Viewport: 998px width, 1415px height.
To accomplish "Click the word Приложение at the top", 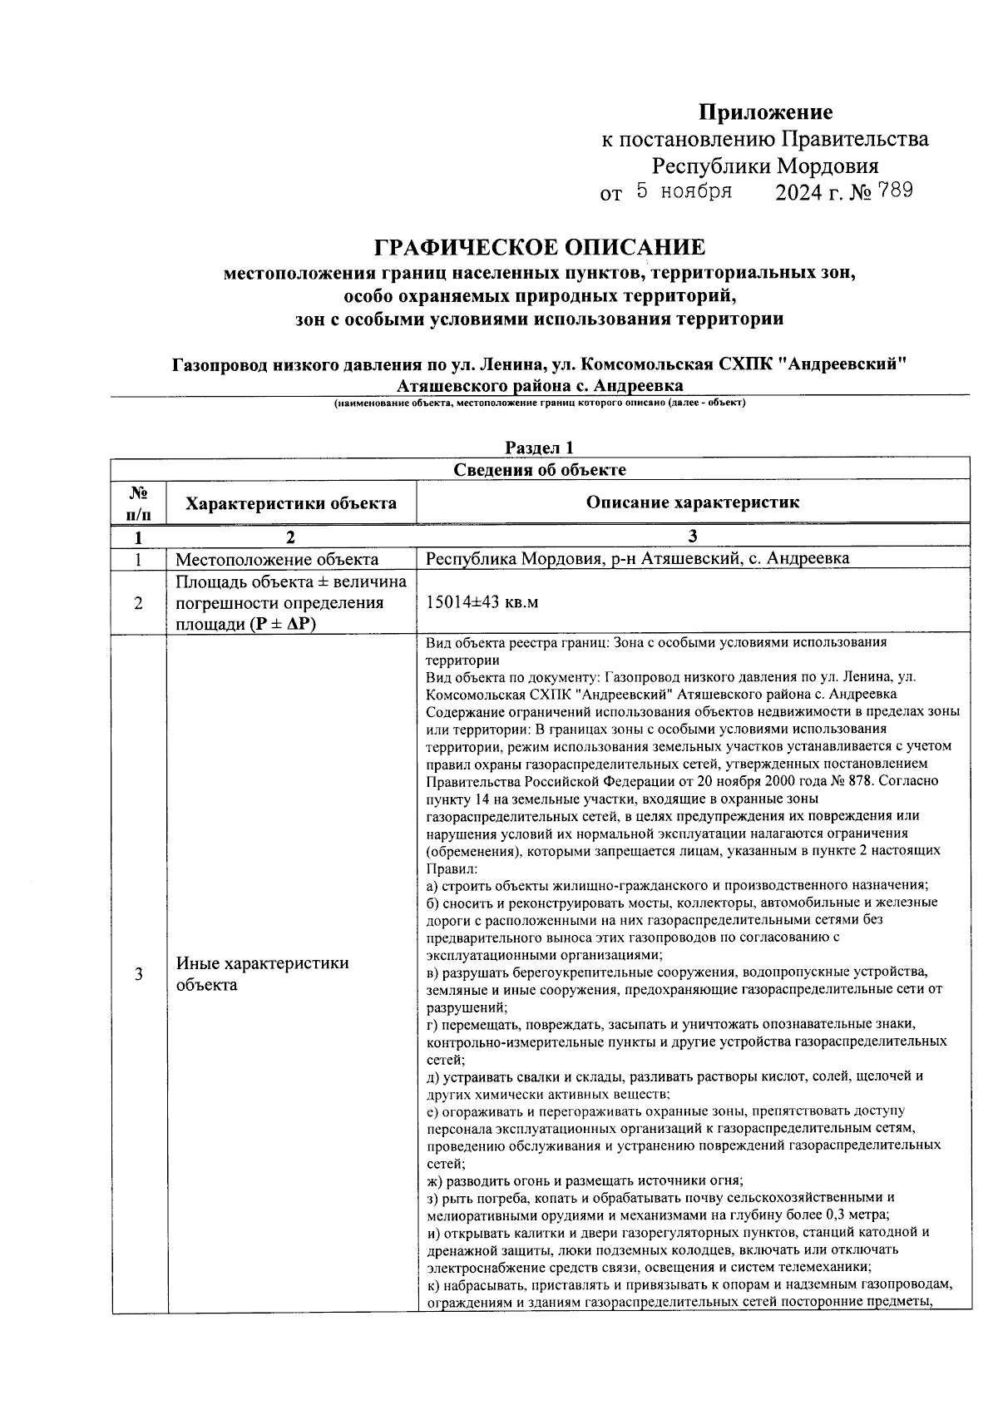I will (x=764, y=111).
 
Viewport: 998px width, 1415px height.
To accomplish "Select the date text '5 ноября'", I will (x=684, y=191).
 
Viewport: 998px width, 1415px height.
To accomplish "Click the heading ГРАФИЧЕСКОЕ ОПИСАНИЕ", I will (x=540, y=247).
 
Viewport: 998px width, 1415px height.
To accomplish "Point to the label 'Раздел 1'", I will (x=540, y=448).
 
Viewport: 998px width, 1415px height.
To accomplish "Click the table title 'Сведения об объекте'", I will (x=540, y=469).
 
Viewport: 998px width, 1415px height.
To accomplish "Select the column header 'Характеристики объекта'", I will (x=290, y=503).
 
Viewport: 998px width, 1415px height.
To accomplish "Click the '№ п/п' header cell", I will (x=138, y=503).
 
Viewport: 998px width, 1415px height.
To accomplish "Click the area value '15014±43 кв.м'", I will (x=482, y=602).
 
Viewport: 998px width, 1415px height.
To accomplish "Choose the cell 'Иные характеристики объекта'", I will (x=262, y=974).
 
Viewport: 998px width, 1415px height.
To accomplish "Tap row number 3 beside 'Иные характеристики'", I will (x=138, y=974).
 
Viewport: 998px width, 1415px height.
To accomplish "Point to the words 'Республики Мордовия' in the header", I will (x=764, y=166).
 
